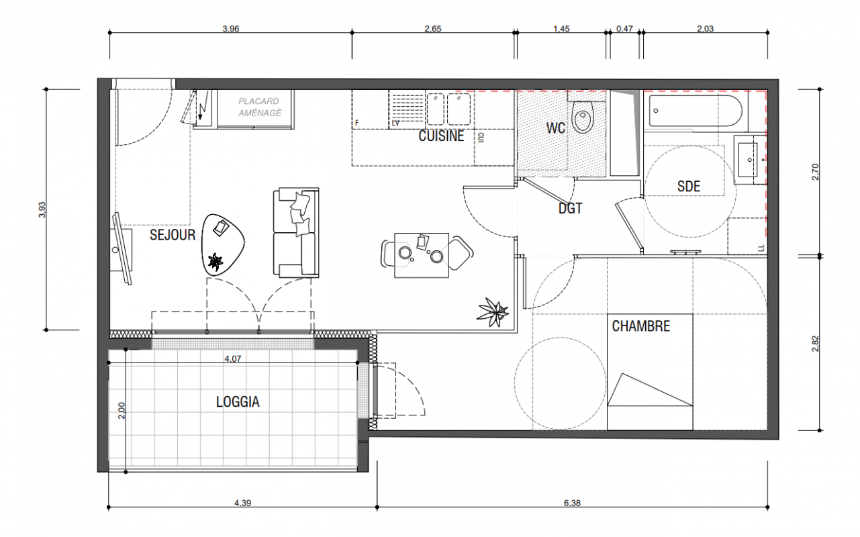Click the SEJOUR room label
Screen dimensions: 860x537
click(x=173, y=235)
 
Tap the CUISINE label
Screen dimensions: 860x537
click(x=441, y=136)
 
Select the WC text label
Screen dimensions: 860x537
click(x=556, y=128)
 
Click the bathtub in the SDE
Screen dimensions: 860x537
click(x=696, y=111)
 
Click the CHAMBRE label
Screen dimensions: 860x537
click(x=640, y=326)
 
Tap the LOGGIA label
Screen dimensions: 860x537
click(x=238, y=402)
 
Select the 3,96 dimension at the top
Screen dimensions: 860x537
click(x=231, y=29)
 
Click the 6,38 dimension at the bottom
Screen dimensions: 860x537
click(x=572, y=503)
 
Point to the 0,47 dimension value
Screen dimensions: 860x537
click(x=624, y=29)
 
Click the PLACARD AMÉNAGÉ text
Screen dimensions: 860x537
click(x=260, y=107)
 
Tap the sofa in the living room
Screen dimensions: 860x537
click(x=296, y=232)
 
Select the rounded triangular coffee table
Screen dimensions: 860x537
click(x=223, y=245)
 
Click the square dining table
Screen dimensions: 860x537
click(x=422, y=255)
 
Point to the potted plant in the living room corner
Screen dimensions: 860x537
click(x=493, y=312)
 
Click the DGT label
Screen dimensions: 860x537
click(x=570, y=209)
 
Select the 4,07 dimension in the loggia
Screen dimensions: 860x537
click(x=233, y=359)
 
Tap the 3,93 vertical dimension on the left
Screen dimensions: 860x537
click(x=42, y=209)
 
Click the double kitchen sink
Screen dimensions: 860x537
click(x=448, y=109)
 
